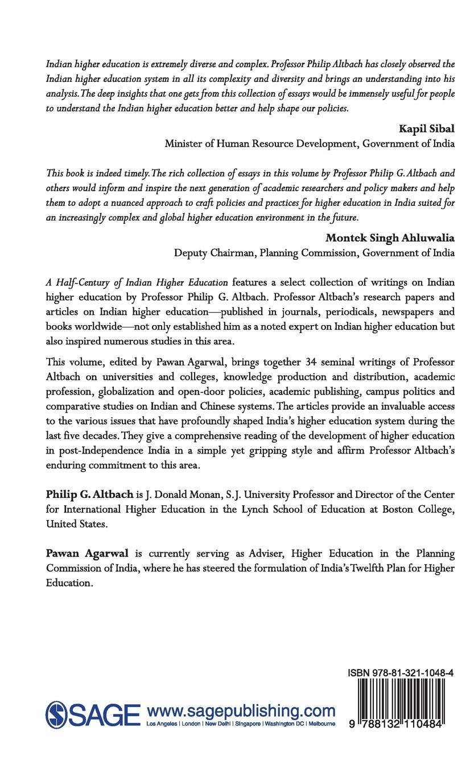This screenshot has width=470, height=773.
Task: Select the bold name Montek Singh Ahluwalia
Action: pyautogui.click(x=390, y=238)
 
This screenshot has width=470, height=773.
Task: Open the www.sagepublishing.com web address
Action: pyautogui.click(x=241, y=710)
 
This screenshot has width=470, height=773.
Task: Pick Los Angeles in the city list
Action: pyautogui.click(x=162, y=724)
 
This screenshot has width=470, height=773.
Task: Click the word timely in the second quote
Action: pyautogui.click(x=126, y=172)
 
